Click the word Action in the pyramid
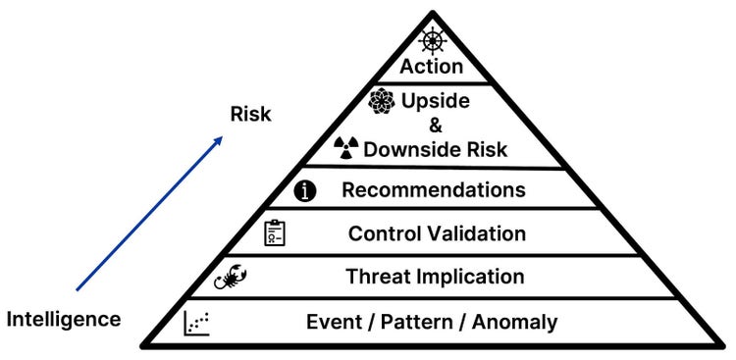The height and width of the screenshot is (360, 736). point(431,67)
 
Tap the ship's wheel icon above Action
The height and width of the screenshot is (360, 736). point(433,41)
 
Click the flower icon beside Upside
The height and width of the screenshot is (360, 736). point(381,101)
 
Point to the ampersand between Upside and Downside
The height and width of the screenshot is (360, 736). point(436,126)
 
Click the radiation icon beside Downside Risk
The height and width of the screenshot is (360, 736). point(346,148)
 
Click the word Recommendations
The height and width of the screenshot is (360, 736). point(434,189)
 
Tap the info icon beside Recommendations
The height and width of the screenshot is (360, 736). point(307,190)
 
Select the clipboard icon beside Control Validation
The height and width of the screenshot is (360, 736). point(276,233)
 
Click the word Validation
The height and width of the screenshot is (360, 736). point(477,233)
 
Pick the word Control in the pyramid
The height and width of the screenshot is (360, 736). point(385,233)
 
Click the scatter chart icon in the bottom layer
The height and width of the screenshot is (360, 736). point(197,322)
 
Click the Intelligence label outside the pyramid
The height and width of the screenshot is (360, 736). point(64,319)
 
